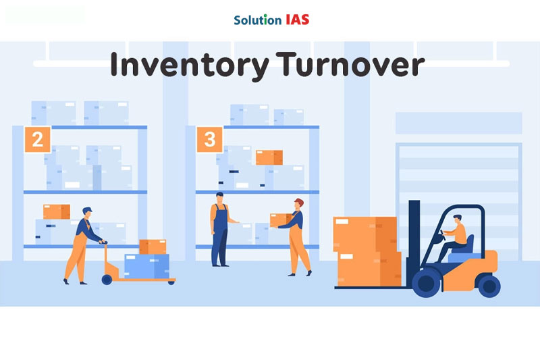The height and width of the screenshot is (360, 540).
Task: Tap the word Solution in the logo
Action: coord(257,20)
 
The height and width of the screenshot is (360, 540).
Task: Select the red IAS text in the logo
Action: coord(297,20)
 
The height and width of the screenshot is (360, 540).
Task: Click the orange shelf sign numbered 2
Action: coord(38,139)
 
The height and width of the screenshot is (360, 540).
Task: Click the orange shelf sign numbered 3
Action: coord(210,139)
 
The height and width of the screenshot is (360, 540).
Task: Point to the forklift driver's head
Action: coord(458,220)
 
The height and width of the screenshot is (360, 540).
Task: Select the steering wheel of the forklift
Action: coord(445,233)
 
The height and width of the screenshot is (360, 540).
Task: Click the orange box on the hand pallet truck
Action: coord(153,247)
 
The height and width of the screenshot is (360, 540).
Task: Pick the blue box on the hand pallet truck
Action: coord(146,265)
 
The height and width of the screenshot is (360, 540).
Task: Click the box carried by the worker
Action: coord(280,220)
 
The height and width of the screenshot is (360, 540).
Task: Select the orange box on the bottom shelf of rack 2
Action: coord(56,211)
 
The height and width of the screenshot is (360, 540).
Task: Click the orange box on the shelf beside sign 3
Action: coord(269,157)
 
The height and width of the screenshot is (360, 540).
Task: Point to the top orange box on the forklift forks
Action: coord(364,234)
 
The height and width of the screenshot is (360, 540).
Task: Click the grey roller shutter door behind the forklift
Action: coord(459,176)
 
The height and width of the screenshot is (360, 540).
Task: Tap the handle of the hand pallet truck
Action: coord(103,242)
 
